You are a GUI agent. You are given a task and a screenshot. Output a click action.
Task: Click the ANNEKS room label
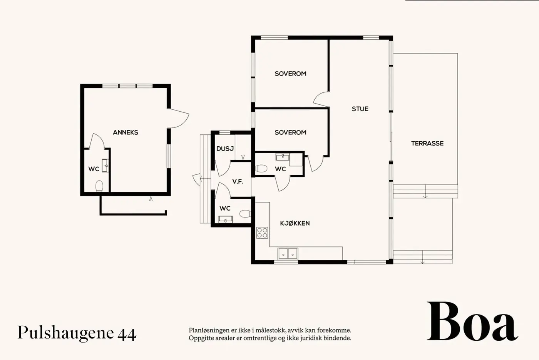pos(126,132)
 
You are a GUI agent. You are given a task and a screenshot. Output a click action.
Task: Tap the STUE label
pos(360,109)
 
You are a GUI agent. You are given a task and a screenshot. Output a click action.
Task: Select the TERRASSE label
pos(427,143)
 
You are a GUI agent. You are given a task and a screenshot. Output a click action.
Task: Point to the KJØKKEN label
pos(295,223)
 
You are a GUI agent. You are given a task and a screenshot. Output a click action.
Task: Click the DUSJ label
pos(225,149)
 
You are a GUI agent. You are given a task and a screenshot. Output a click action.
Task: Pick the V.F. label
pos(238,182)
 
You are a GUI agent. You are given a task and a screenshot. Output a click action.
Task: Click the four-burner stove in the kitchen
pos(262,233)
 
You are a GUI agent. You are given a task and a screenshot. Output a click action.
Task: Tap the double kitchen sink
pos(288,254)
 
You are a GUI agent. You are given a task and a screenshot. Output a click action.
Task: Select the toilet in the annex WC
pos(99,186)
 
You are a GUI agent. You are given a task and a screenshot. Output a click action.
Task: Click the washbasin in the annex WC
pos(105,165)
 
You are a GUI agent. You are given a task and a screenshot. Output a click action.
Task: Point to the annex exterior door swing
pos(179,118)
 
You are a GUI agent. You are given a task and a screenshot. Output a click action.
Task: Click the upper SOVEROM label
pos(290,74)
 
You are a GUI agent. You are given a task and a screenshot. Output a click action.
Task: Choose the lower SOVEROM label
pos(290,132)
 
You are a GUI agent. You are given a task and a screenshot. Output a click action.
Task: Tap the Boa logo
pos(472,321)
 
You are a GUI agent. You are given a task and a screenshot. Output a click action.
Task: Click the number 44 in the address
pos(127,334)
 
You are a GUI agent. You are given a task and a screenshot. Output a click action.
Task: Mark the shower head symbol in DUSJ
pos(243,157)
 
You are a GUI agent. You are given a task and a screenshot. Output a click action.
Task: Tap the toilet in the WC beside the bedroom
pos(261,169)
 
